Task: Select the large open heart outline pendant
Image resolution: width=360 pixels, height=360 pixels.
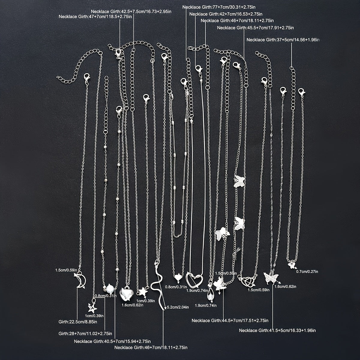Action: (x=194, y=280)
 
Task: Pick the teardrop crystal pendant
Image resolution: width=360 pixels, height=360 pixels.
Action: (x=210, y=295)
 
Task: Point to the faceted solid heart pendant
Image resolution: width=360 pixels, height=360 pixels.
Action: (x=127, y=294)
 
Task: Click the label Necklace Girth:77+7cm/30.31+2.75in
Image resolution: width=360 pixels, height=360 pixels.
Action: (x=219, y=7)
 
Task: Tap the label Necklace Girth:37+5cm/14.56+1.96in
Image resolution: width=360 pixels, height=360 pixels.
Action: (x=283, y=40)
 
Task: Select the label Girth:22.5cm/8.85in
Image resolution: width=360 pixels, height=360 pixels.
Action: (x=78, y=322)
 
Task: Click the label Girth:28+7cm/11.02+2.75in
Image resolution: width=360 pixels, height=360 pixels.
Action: (x=85, y=334)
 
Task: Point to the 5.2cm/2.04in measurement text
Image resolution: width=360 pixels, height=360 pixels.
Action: (x=178, y=307)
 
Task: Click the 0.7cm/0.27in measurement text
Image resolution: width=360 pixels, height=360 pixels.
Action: (x=307, y=271)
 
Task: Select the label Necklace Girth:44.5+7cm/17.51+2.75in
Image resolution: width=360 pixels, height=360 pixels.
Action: (x=230, y=320)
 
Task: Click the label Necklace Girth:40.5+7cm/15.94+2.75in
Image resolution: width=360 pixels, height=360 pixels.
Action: (x=112, y=341)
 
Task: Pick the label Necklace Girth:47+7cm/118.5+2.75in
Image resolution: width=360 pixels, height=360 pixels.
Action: (x=95, y=16)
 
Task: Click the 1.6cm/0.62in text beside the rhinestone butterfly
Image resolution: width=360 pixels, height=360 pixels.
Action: (x=285, y=286)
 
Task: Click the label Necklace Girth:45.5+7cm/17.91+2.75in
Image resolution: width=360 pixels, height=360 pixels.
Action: (x=255, y=28)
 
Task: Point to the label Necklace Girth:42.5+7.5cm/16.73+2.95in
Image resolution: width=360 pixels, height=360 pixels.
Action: (x=131, y=11)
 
